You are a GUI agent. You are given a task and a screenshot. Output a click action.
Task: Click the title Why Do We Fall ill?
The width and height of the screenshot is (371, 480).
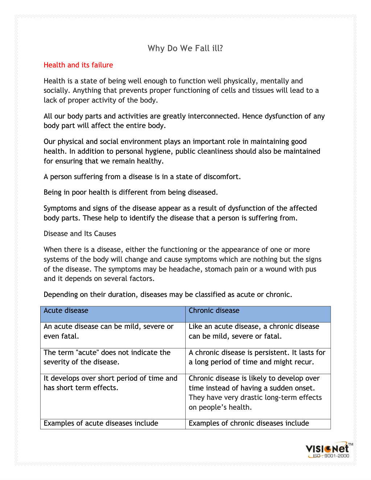click(x=185, y=48)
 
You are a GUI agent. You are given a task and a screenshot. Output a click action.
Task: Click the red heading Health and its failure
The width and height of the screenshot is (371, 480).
click(x=78, y=65)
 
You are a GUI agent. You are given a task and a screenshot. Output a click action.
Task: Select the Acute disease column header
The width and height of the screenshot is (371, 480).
click(x=66, y=311)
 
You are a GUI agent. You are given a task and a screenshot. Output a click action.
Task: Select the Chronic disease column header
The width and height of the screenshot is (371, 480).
click(x=214, y=311)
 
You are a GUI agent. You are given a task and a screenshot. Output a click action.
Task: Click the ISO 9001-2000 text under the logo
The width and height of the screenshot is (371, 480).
click(x=331, y=456)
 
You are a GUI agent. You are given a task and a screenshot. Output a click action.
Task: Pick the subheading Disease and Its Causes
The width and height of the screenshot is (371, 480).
click(x=80, y=234)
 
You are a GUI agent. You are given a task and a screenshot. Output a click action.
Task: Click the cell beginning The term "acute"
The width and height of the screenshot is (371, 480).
click(x=107, y=357)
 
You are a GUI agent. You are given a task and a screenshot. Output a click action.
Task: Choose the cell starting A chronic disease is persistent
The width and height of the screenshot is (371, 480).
click(x=257, y=357)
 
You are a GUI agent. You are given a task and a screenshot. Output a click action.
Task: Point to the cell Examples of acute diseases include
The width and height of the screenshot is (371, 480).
click(x=101, y=423)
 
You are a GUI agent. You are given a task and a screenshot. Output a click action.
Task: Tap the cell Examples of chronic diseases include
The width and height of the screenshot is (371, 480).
click(x=249, y=423)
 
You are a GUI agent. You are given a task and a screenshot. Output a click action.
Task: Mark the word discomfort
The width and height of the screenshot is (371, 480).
click(x=222, y=177)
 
